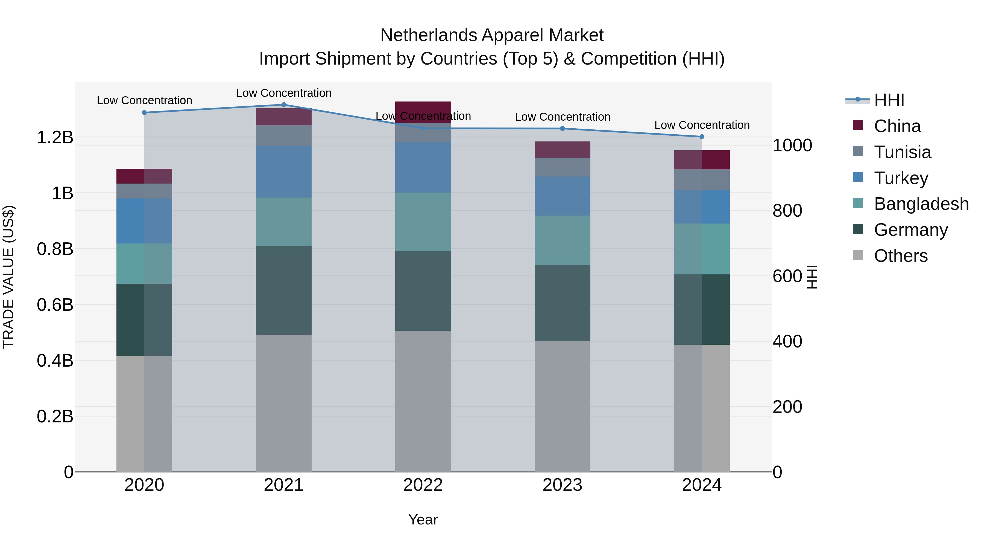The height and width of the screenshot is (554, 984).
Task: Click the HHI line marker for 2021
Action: coord(283,105)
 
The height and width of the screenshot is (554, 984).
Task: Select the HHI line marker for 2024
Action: coord(702,137)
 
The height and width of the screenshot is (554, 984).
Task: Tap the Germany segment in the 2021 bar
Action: coord(283,291)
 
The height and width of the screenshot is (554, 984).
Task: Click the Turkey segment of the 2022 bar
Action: coord(423,167)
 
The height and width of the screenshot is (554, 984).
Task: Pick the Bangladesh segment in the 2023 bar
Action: coord(562,240)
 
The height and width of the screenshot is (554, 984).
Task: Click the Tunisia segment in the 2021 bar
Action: coord(283,136)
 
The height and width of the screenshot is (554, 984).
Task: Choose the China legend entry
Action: coord(897,126)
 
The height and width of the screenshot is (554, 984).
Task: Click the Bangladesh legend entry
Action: coord(921,204)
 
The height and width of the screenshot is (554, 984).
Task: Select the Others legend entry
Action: coord(900,256)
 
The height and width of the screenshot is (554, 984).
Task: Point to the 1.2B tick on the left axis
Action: coord(55,138)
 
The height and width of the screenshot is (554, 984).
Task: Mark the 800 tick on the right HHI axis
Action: coord(787,211)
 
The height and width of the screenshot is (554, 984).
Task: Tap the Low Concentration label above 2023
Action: coord(562,117)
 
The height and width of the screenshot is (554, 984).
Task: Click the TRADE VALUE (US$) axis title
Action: coord(9,277)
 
